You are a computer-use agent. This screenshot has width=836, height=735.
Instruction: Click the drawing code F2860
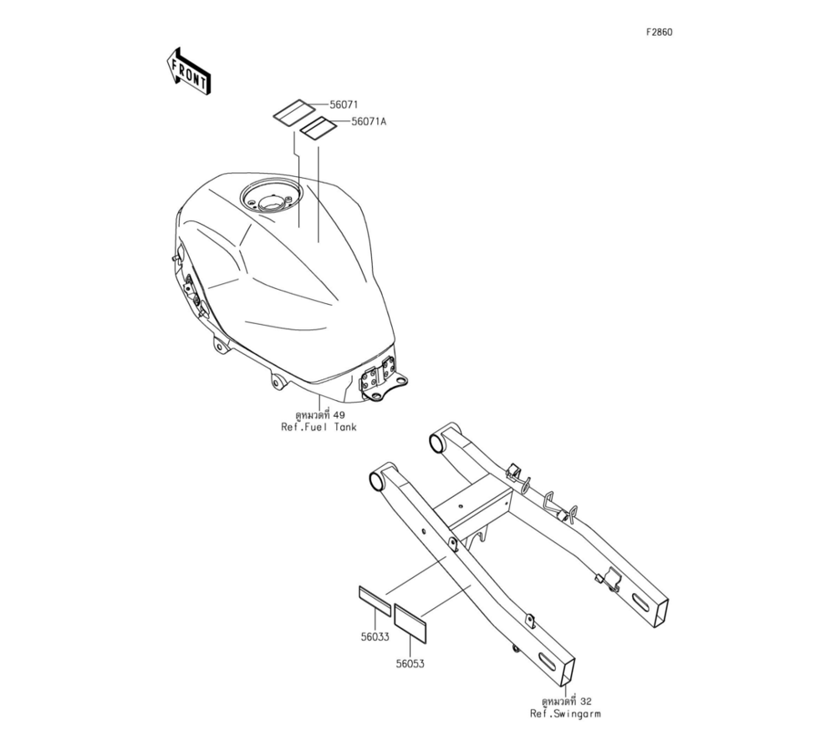pyautogui.click(x=659, y=33)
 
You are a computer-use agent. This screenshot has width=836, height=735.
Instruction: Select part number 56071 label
pyautogui.click(x=344, y=105)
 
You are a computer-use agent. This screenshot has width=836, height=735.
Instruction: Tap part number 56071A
pyautogui.click(x=369, y=121)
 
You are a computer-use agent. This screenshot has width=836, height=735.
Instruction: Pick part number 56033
pyautogui.click(x=375, y=636)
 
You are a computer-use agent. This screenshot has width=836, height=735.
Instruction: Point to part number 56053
pyautogui.click(x=411, y=664)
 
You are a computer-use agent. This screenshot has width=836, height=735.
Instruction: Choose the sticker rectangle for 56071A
pyautogui.click(x=319, y=129)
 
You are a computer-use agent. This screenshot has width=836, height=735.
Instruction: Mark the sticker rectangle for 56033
pyautogui.click(x=375, y=601)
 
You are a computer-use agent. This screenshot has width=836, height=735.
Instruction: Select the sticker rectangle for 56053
pyautogui.click(x=410, y=623)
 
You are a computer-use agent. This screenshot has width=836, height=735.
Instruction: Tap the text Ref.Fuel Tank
pyautogui.click(x=319, y=428)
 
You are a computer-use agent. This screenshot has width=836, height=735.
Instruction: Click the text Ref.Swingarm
pyautogui.click(x=564, y=713)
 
